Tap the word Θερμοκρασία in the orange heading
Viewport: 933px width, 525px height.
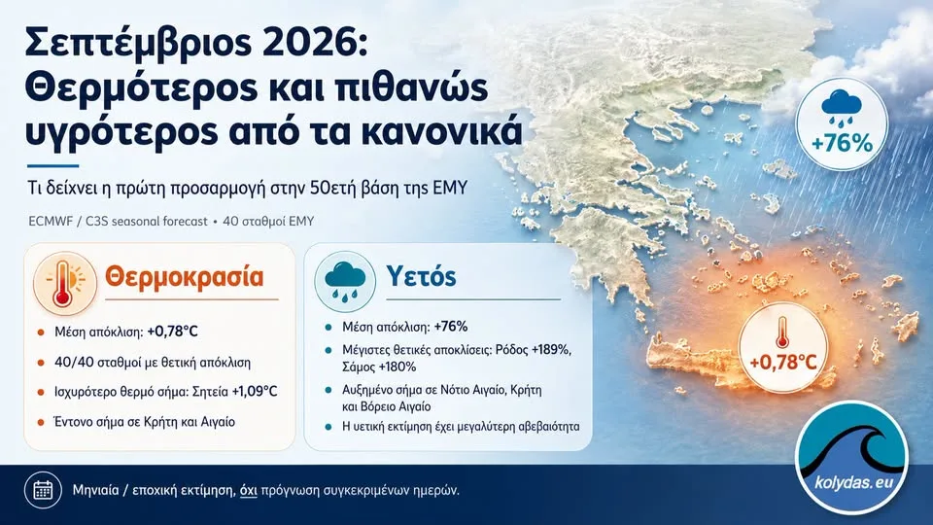(185, 277)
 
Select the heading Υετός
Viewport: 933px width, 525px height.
(421, 276)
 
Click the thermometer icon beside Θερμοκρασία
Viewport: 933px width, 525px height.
(64, 282)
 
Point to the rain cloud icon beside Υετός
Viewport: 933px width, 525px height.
(345, 280)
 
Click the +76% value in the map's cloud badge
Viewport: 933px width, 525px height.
(842, 144)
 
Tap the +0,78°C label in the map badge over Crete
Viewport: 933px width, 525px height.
(783, 362)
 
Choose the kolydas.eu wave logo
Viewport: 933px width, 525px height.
(852, 458)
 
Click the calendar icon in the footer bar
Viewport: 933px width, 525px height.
(43, 490)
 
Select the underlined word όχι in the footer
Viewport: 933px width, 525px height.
(248, 490)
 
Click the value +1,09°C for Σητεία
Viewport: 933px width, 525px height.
(255, 392)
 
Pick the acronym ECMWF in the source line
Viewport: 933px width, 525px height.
(51, 222)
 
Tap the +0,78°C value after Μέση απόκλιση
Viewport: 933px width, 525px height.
(173, 332)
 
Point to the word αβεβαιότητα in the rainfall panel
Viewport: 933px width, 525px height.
(548, 426)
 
